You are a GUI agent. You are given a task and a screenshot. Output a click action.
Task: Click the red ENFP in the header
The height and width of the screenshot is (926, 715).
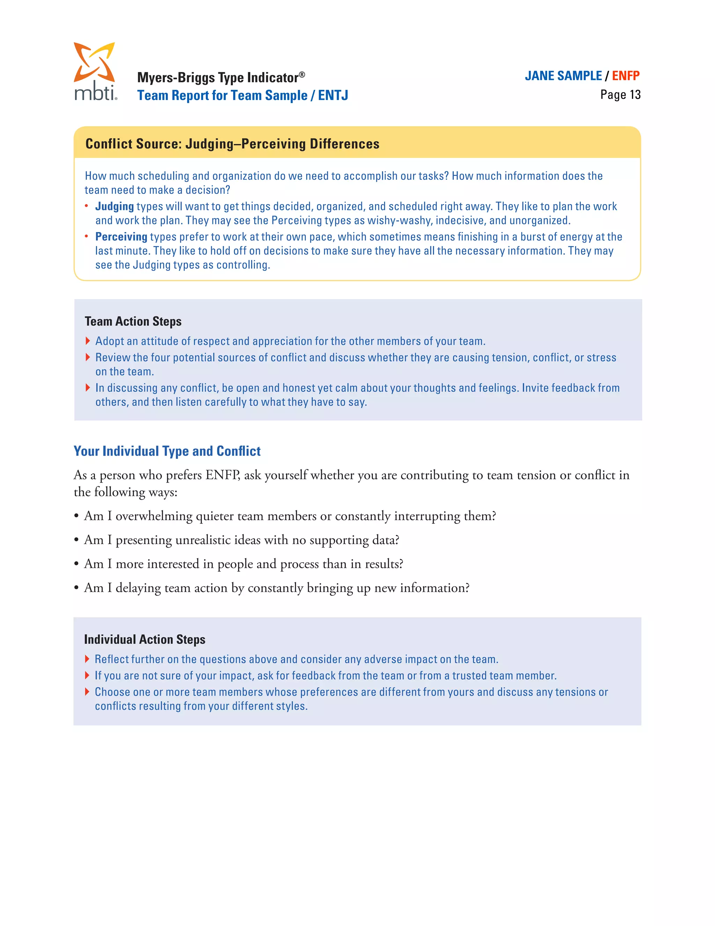coord(626,76)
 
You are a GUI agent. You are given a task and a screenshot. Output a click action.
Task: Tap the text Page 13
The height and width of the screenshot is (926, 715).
coord(620,95)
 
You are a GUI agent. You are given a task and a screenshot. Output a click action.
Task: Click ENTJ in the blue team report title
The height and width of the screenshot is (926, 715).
coord(333,95)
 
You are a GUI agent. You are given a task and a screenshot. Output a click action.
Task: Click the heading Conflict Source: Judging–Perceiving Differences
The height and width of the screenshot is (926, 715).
coord(232,144)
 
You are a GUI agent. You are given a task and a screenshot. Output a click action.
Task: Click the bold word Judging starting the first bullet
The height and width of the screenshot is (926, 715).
coord(115,207)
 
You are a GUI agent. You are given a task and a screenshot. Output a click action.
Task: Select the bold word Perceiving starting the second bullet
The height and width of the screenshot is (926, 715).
coord(121,237)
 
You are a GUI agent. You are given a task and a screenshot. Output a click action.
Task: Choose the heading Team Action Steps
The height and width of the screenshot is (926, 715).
coord(133,321)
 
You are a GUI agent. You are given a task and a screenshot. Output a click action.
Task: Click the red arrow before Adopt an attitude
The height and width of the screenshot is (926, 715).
coord(88,341)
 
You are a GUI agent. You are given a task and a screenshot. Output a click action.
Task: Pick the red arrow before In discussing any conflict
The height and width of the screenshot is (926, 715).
coord(88,388)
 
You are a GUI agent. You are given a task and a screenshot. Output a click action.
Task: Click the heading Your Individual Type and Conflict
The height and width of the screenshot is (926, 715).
coord(167,451)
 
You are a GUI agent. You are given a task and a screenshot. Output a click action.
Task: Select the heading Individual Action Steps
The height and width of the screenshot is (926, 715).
coord(145,639)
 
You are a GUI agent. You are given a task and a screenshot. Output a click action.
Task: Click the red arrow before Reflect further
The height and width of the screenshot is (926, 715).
coord(87,659)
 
